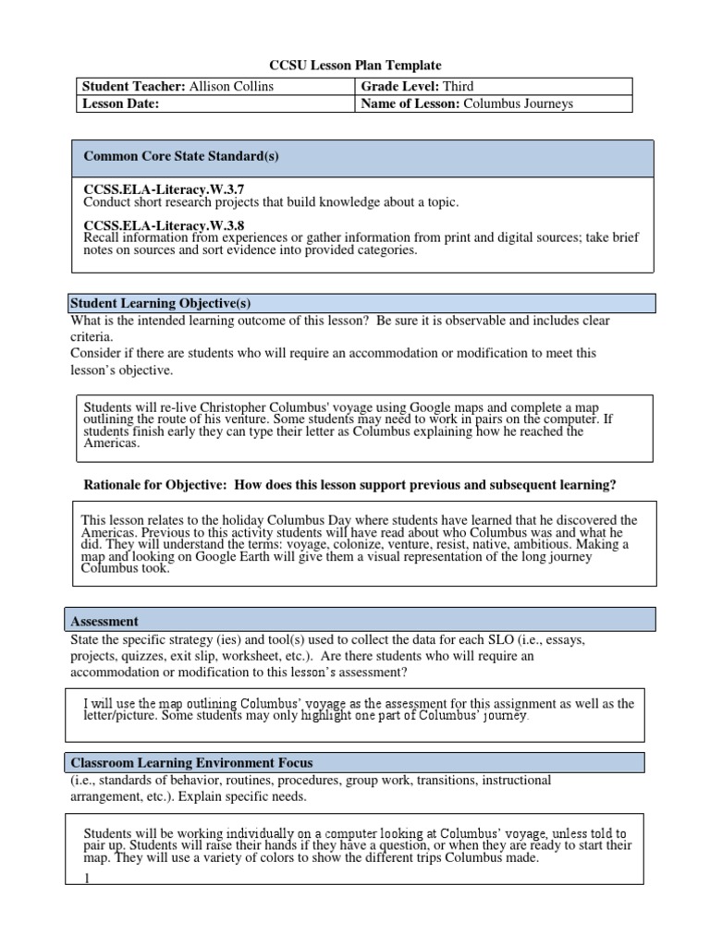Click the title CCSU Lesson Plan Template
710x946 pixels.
click(355, 66)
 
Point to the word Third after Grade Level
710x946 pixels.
click(459, 86)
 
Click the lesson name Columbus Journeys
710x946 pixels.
click(518, 103)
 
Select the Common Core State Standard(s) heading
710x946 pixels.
click(181, 156)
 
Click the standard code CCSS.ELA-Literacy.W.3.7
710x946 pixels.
click(164, 189)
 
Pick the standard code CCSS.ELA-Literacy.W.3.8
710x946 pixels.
click(164, 224)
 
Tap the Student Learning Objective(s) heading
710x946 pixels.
click(161, 304)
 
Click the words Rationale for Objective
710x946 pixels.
click(161, 485)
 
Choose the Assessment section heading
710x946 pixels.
click(104, 622)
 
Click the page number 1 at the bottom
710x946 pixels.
click(87, 879)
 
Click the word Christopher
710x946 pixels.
click(214, 406)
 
